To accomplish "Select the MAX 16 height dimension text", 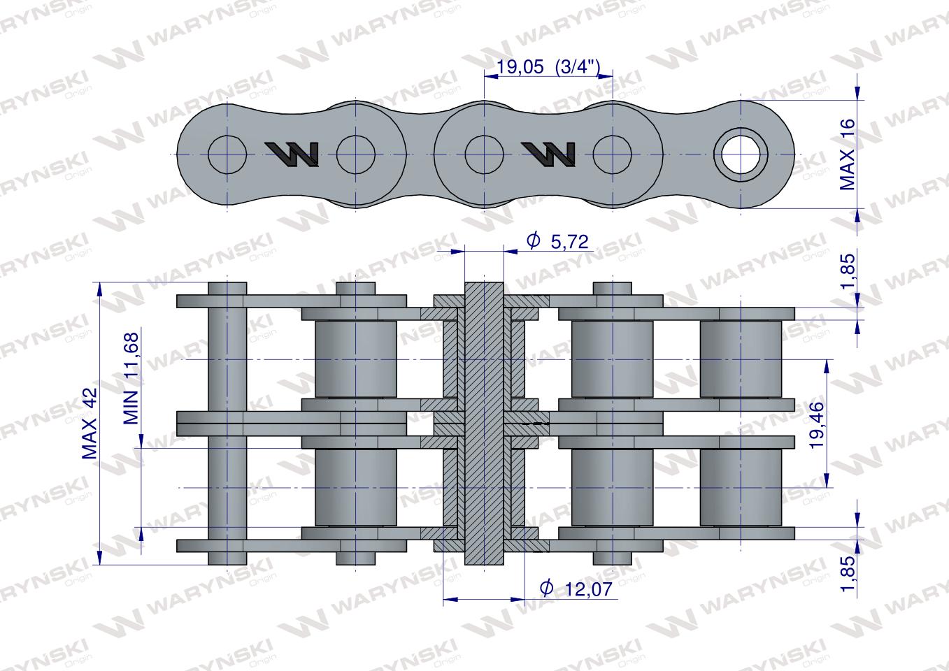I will (847, 154).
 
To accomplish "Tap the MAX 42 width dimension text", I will (90, 423).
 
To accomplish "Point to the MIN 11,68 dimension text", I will (131, 378).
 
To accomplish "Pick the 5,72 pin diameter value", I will (569, 242).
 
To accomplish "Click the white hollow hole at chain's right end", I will (740, 153).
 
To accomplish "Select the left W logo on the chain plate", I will (292, 154).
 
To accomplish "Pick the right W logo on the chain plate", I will (549, 154).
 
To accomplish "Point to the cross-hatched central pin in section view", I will (484, 423).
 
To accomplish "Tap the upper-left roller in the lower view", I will (355, 359).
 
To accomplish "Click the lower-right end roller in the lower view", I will (741, 487).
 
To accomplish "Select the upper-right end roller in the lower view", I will (741, 359).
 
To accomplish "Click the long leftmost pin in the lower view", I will (227, 423).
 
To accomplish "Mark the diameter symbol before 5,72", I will (533, 241).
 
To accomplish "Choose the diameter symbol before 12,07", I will (548, 589).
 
